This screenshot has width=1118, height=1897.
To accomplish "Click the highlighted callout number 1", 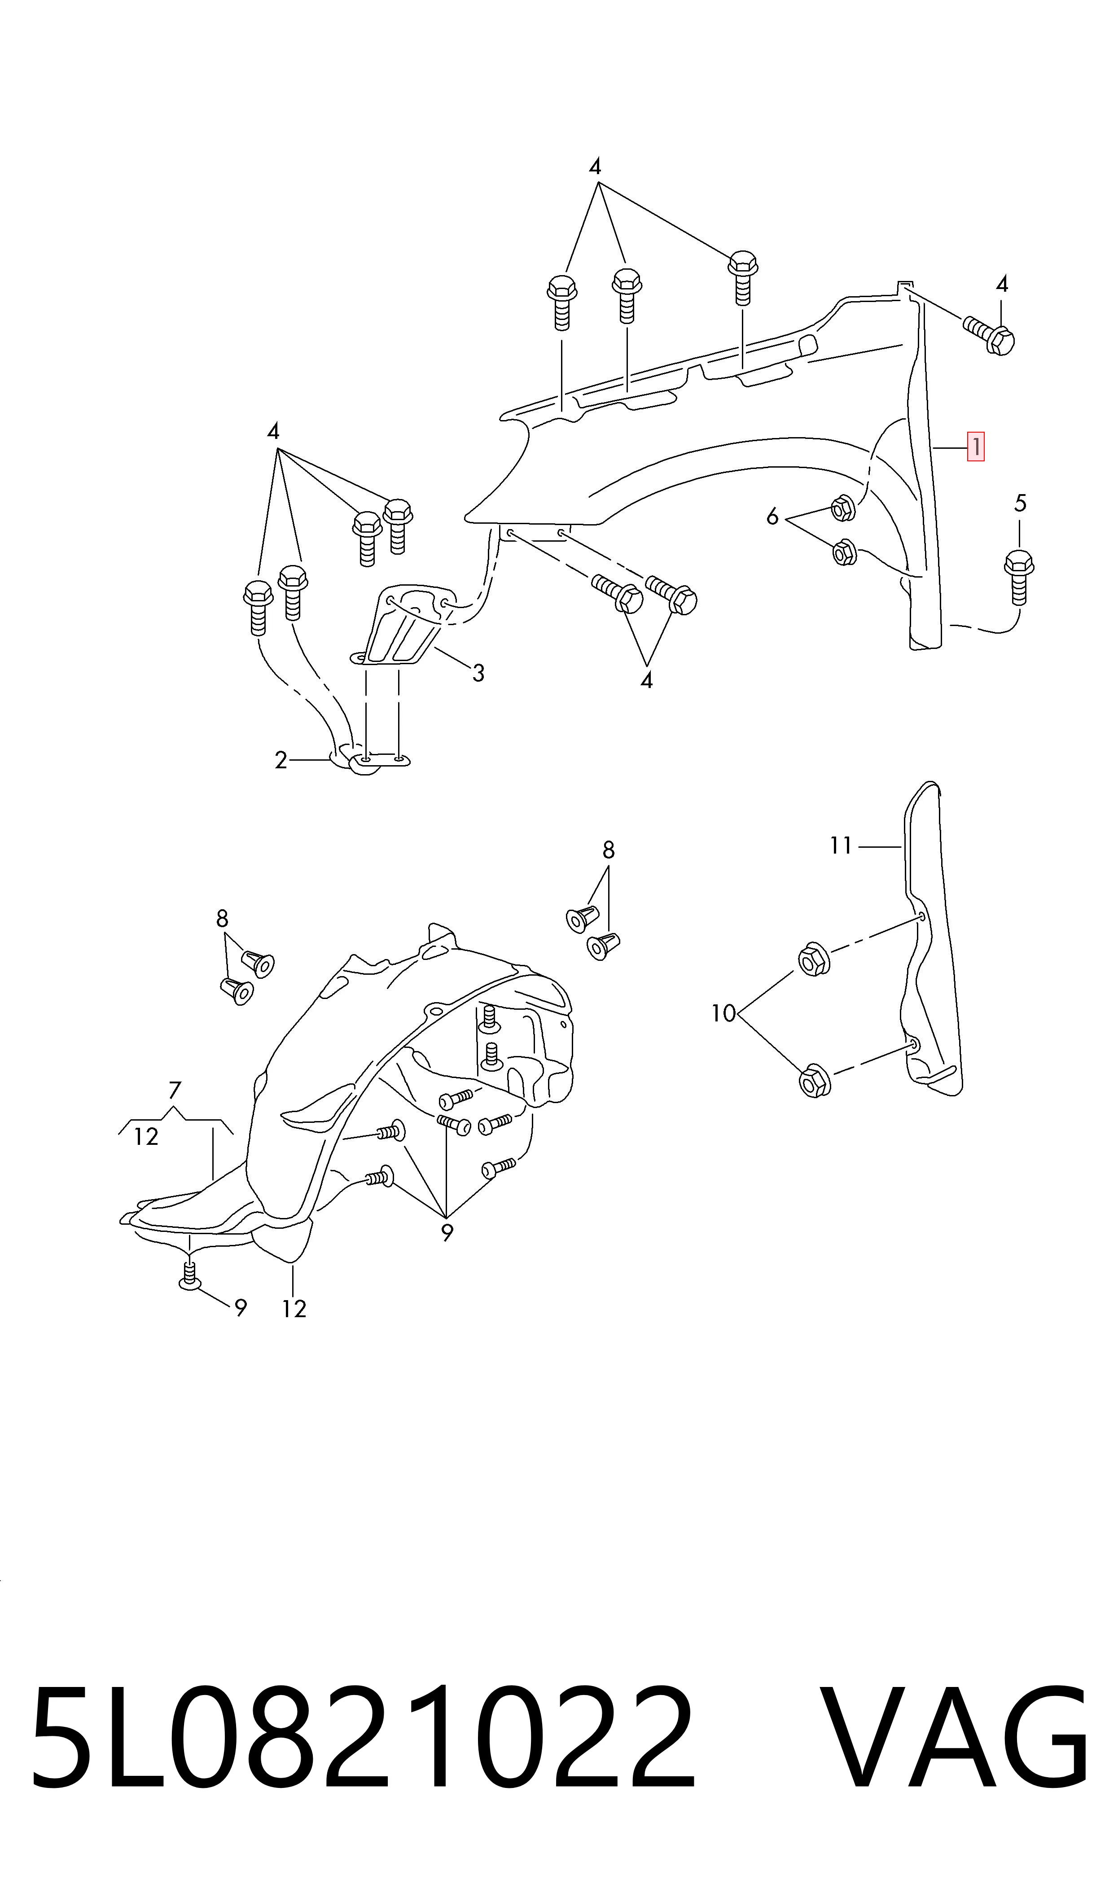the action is click(976, 447).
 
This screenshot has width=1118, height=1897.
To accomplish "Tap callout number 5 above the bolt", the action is click(1020, 503).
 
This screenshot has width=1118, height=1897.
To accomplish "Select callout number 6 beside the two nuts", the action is click(772, 517).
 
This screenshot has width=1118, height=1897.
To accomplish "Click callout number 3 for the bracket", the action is click(478, 672).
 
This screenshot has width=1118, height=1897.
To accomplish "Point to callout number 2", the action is click(281, 761).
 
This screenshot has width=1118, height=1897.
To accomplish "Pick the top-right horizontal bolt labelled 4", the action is click(988, 334).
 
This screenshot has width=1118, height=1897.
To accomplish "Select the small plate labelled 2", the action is click(369, 759).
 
